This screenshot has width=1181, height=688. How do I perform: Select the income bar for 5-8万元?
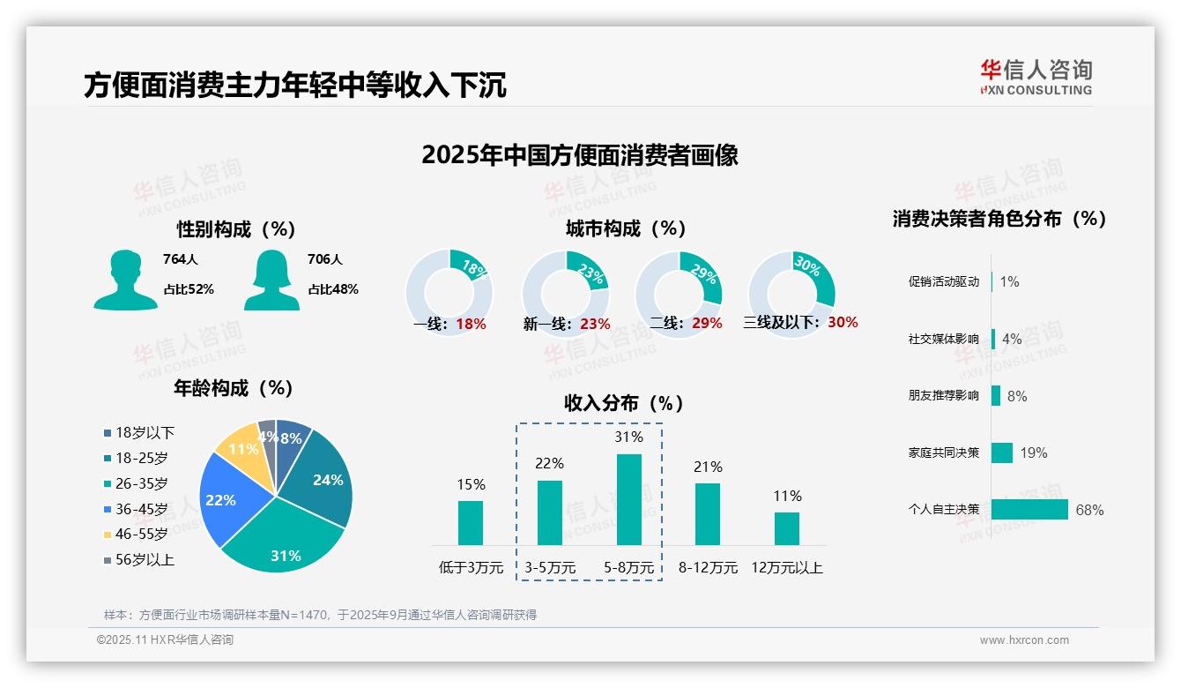629,499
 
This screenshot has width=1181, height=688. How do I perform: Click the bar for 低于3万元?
471,522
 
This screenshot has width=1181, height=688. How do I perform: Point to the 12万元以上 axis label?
787,568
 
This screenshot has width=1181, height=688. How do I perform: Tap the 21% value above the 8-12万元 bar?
708,467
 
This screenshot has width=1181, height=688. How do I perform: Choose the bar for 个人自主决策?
1029,509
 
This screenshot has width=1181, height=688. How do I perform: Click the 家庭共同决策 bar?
1002,452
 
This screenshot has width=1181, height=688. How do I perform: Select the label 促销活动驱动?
944,282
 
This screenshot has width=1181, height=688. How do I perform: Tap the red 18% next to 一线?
471,324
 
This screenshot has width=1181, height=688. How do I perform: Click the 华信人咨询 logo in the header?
1036,78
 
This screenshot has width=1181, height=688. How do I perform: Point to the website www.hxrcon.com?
1024,640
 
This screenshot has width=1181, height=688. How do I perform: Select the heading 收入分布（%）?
624,403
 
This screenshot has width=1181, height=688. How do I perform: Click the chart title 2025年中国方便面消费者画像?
580,155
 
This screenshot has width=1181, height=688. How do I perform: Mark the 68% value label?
1089,510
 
